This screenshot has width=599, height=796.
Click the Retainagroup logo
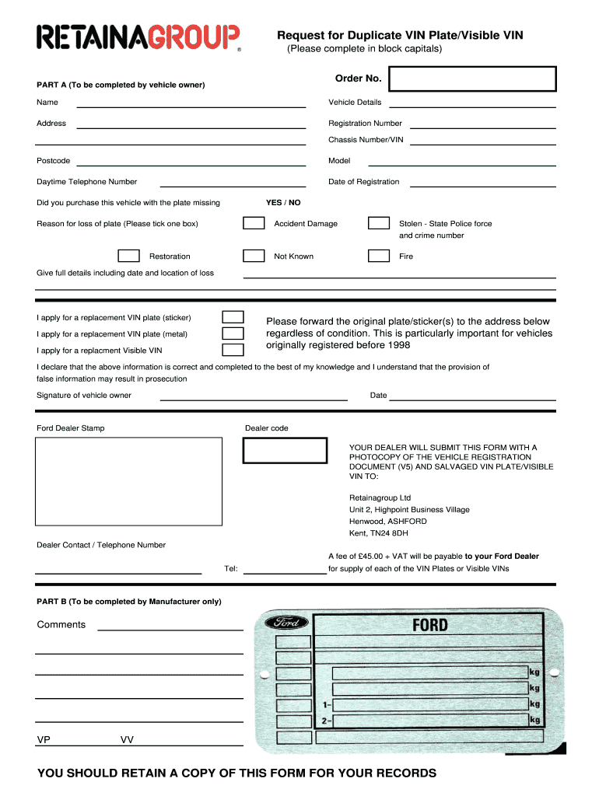click(x=139, y=37)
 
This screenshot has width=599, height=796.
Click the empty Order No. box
click(x=472, y=79)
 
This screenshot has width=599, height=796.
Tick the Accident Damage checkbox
click(x=254, y=223)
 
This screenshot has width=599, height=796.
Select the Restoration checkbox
click(x=128, y=256)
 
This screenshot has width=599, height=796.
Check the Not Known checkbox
click(x=254, y=256)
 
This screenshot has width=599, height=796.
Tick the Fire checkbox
click(x=379, y=256)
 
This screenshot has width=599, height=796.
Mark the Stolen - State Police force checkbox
click(x=379, y=223)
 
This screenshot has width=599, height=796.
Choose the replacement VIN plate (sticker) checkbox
click(x=233, y=317)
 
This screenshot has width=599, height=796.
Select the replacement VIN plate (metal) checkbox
click(x=233, y=334)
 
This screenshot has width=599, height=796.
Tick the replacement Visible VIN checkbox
click(x=233, y=351)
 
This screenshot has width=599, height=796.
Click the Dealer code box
click(x=285, y=450)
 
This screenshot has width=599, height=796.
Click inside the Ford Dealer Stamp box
click(x=128, y=482)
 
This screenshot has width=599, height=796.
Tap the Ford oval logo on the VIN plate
click(x=287, y=623)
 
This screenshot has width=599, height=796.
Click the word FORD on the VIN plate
click(x=429, y=624)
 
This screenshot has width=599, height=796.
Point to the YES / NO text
click(x=283, y=203)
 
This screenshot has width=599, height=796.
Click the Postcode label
click(x=53, y=161)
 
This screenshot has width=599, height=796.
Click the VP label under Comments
click(x=44, y=740)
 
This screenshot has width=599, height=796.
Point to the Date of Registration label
click(x=363, y=182)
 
